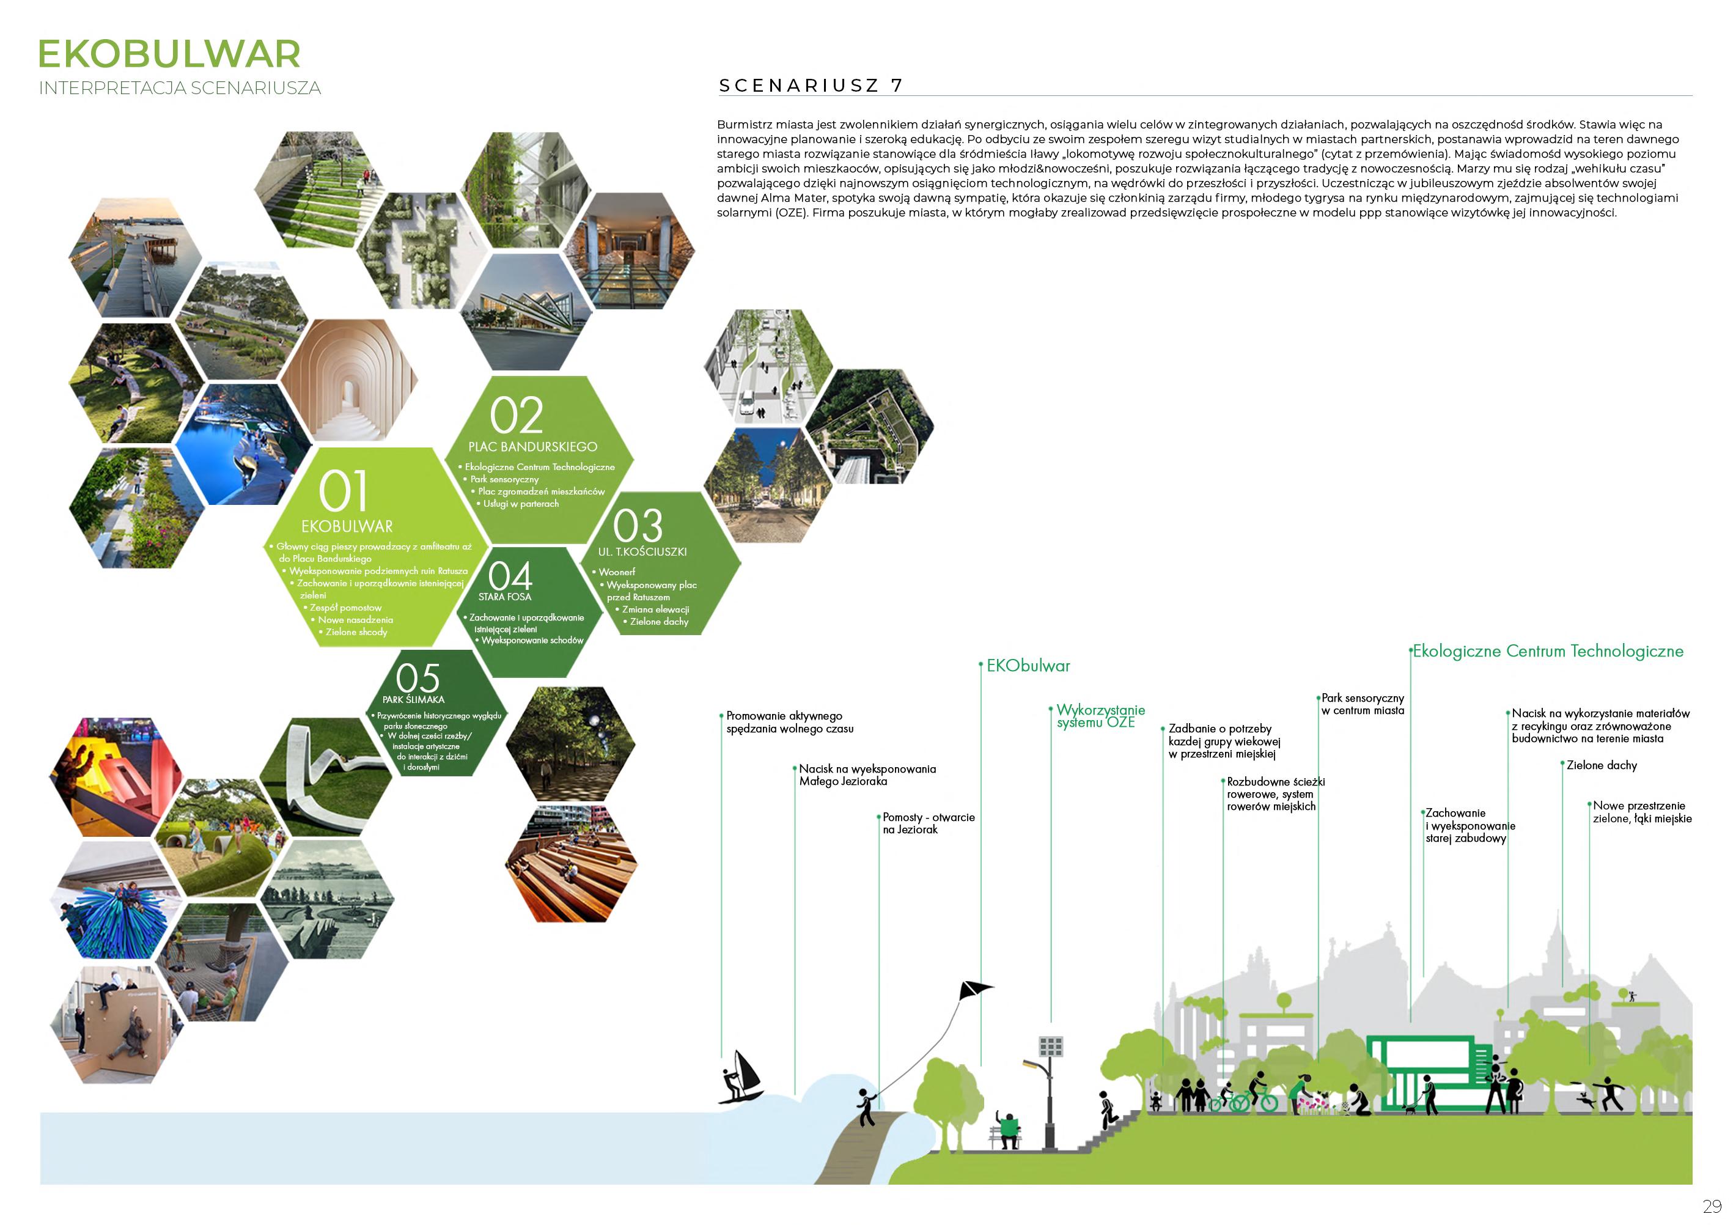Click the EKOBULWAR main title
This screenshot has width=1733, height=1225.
(x=169, y=54)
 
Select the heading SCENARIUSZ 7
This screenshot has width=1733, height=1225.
(x=811, y=86)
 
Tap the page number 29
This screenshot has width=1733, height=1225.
(x=1712, y=1206)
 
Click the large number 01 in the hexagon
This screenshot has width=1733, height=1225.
(x=344, y=491)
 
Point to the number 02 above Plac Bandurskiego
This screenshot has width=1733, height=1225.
(x=517, y=415)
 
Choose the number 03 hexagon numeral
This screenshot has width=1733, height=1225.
(x=638, y=525)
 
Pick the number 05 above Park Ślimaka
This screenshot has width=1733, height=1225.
(x=418, y=677)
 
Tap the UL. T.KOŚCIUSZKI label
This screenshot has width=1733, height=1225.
(x=642, y=552)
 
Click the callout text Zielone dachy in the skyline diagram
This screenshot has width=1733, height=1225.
(x=1602, y=765)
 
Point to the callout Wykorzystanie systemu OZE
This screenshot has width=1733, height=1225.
(x=1100, y=716)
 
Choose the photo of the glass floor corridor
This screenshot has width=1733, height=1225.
(x=630, y=253)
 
